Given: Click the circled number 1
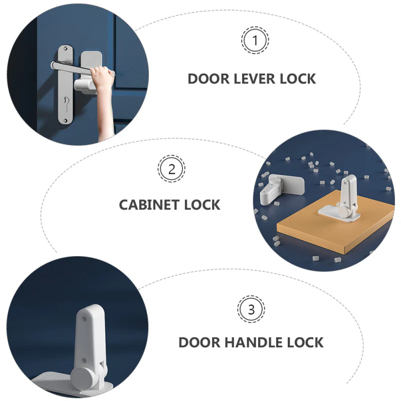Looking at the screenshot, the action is coord(255,40).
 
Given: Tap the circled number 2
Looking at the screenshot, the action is coord(171,169).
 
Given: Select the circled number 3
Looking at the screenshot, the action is coord(251,309).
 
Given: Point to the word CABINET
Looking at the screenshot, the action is coord(148,205).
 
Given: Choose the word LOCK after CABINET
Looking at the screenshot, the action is coord(202,205).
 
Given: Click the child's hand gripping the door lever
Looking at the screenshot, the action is coord(102,75).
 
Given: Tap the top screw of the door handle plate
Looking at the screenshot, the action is coord(66,48).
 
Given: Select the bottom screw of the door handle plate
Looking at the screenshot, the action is coord(65,120).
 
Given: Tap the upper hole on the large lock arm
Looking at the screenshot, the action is coord(84,319).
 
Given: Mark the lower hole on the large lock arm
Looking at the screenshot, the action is coord(84,360).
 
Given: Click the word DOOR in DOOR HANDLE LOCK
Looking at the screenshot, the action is coord(199,342).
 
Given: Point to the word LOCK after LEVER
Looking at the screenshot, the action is coord(298,79).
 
